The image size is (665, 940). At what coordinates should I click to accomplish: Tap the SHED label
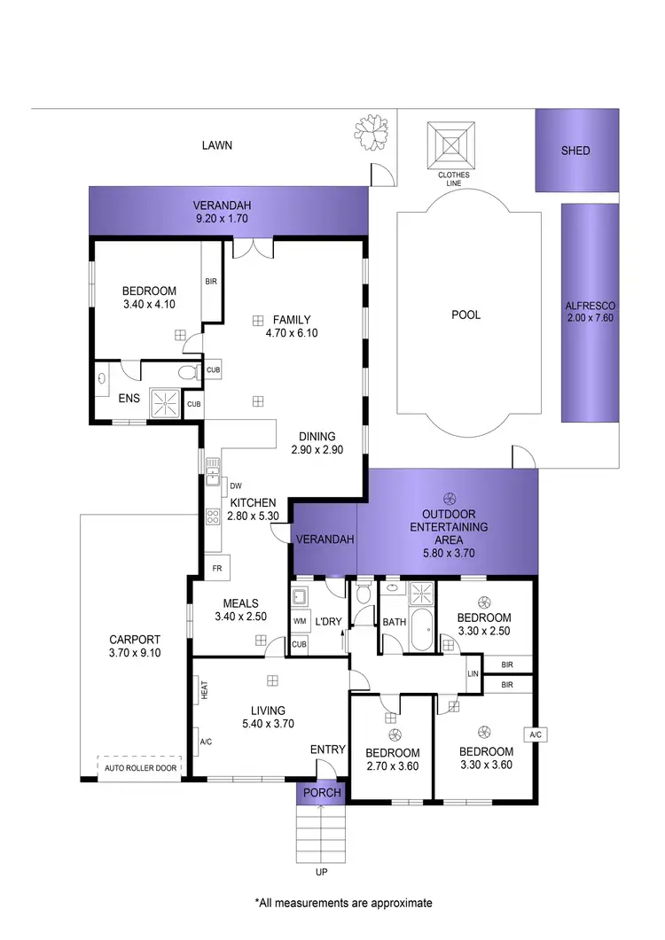pyautogui.click(x=575, y=151)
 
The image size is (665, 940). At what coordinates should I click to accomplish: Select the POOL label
pyautogui.click(x=466, y=315)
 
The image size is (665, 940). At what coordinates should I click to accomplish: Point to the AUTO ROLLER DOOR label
pyautogui.click(x=139, y=768)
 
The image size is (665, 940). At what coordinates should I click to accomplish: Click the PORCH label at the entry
pyautogui.click(x=321, y=793)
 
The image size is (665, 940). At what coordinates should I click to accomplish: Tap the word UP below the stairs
pyautogui.click(x=321, y=872)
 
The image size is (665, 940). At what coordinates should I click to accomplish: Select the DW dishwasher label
pyautogui.click(x=236, y=486)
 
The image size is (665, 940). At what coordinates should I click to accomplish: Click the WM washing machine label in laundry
pyautogui.click(x=299, y=621)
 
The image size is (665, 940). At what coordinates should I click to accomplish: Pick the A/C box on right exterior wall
pyautogui.click(x=535, y=734)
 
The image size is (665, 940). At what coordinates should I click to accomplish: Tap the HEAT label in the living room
pyautogui.click(x=204, y=689)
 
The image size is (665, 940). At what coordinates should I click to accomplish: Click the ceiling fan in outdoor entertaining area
pyautogui.click(x=449, y=498)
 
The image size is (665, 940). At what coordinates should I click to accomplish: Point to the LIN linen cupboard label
pyautogui.click(x=473, y=675)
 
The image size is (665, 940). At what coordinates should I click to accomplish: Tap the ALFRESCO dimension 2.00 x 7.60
pyautogui.click(x=590, y=323)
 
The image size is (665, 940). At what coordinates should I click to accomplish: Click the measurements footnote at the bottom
pyautogui.click(x=343, y=903)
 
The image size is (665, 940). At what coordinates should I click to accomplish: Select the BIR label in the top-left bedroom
pyautogui.click(x=211, y=282)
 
